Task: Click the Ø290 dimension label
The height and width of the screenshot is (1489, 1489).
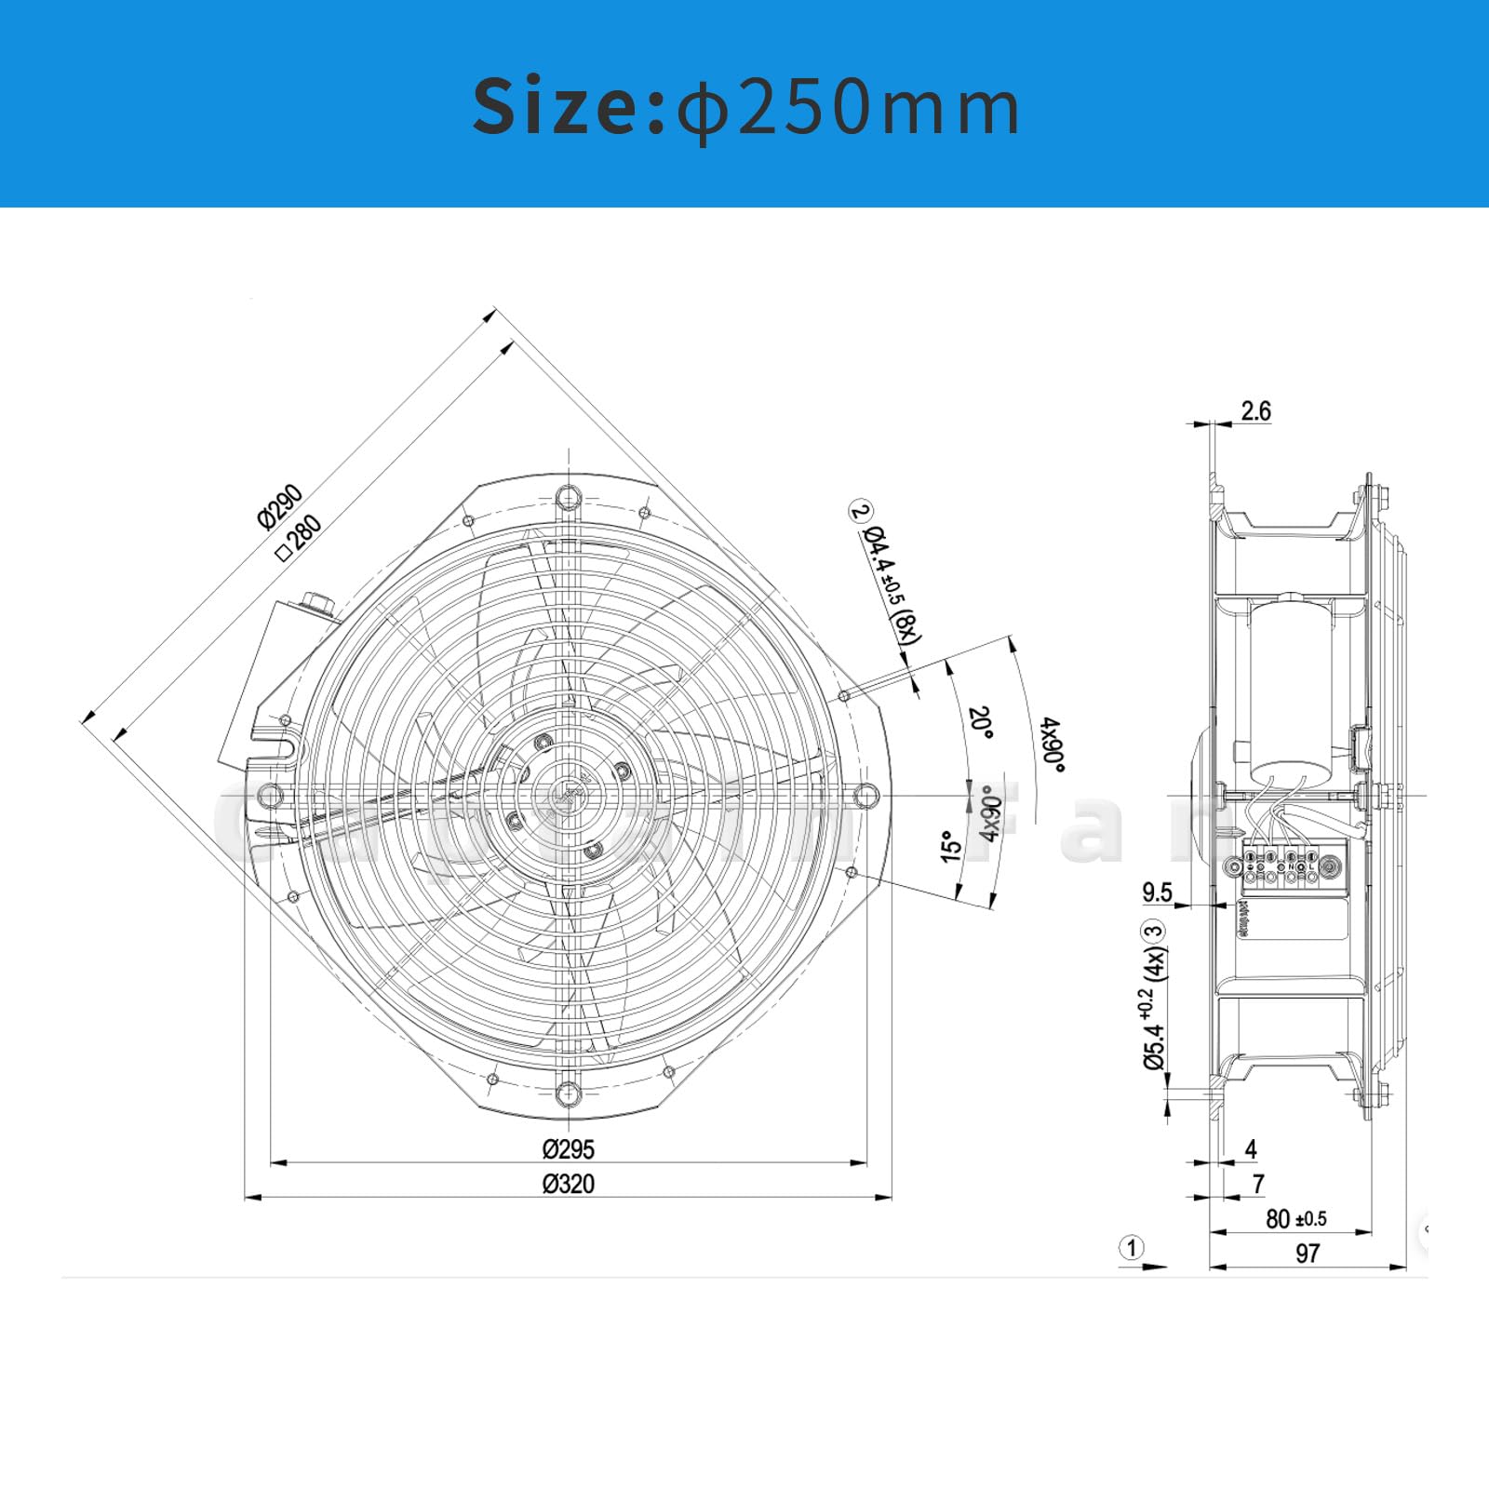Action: click(x=280, y=506)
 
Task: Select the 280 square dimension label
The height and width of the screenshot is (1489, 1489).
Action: click(x=300, y=537)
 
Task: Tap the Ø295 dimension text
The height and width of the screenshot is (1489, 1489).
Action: click(x=568, y=1148)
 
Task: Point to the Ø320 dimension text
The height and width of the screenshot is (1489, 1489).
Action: click(x=568, y=1184)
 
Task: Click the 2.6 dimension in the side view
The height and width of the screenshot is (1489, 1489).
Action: click(x=1255, y=410)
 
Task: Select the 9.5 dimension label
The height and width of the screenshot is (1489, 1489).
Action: click(x=1157, y=892)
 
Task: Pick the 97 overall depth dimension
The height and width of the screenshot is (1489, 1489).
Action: click(x=1308, y=1254)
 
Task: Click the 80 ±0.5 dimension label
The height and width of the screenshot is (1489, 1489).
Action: click(x=1295, y=1218)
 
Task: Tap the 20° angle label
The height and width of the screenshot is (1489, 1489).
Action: click(x=980, y=722)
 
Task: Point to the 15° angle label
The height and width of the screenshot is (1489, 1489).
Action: click(x=950, y=847)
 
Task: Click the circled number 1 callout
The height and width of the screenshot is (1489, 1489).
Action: click(x=1132, y=1247)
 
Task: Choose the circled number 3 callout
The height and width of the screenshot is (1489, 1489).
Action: click(x=1153, y=931)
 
